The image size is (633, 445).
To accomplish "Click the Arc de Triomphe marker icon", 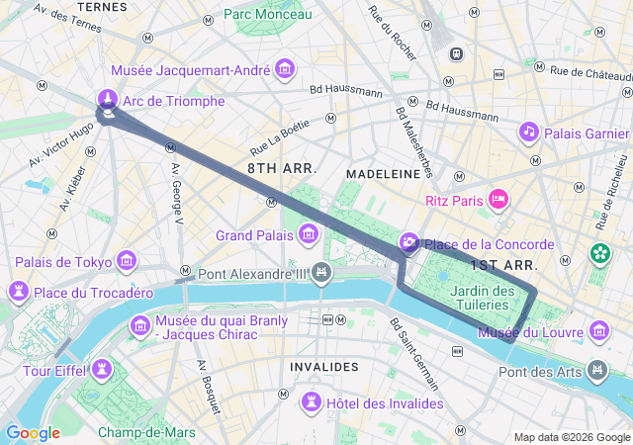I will pos(108,99).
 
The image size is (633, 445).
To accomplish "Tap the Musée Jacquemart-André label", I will pos(192,70).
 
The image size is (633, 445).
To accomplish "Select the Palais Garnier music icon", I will pos(529,132).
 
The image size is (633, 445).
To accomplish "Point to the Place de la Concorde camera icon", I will pos(409,243).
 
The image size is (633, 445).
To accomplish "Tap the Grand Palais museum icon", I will pos(309,235).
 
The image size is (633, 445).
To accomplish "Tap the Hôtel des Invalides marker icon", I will pos(313,401).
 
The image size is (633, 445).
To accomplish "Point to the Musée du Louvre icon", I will pos(598,330).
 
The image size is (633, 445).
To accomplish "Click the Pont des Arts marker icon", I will pos(596,371).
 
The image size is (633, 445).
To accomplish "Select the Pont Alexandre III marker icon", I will pos(320,272).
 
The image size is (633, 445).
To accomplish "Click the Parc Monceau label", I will pos(267,14).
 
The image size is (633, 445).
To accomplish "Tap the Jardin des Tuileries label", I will pos(483,298).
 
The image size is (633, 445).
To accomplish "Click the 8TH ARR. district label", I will pos(282,169).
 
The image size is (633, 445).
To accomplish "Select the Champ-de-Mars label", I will pos(146,432).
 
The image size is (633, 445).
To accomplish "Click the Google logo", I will pos(33,433).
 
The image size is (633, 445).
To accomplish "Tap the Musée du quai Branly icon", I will pos(139,325).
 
